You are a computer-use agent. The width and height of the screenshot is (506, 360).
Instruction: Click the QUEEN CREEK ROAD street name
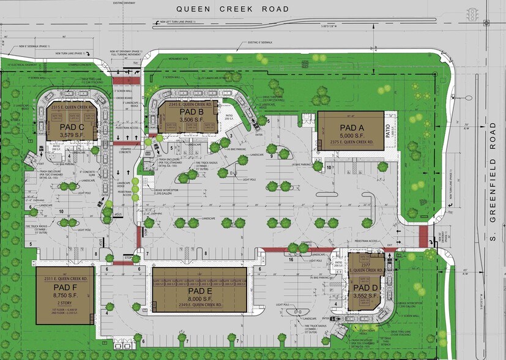tap(233, 9)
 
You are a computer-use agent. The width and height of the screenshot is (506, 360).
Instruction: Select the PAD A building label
tap(350, 122)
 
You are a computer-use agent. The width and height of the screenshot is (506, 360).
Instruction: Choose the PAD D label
tap(366, 287)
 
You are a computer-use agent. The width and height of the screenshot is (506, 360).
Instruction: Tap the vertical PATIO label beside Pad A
tap(387, 130)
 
